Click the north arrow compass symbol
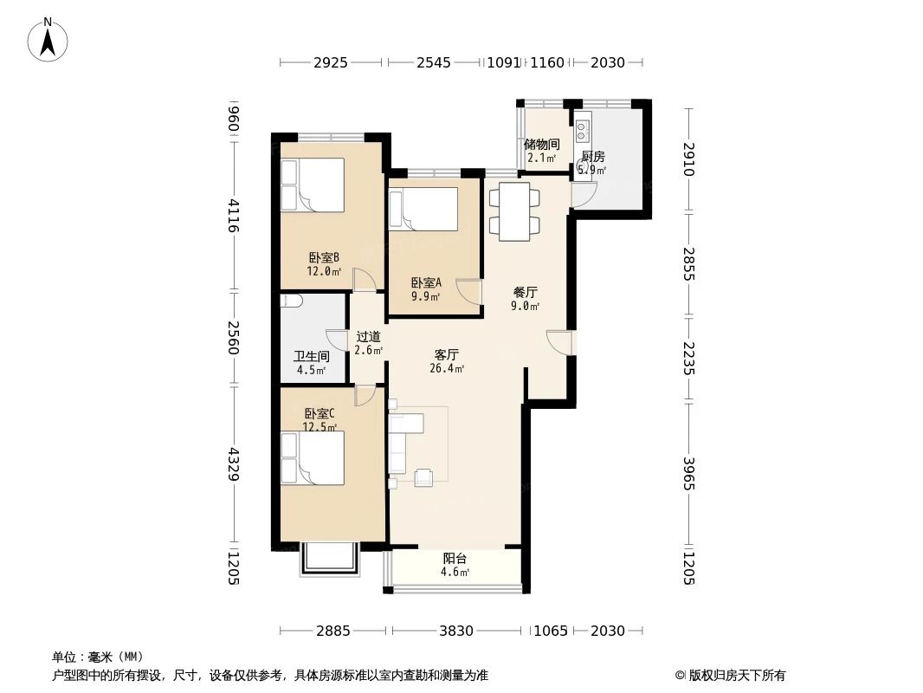click(48, 38)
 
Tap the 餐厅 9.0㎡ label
click(525, 299)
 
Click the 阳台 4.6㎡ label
click(455, 565)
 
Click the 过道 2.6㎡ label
click(368, 343)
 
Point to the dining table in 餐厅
click(515, 210)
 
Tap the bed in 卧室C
click(313, 458)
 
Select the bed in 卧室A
click(423, 210)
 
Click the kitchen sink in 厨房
click(583, 131)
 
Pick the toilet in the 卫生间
click(292, 301)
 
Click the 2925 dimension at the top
click(330, 62)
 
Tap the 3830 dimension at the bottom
click(455, 631)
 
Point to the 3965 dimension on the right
click(688, 473)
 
